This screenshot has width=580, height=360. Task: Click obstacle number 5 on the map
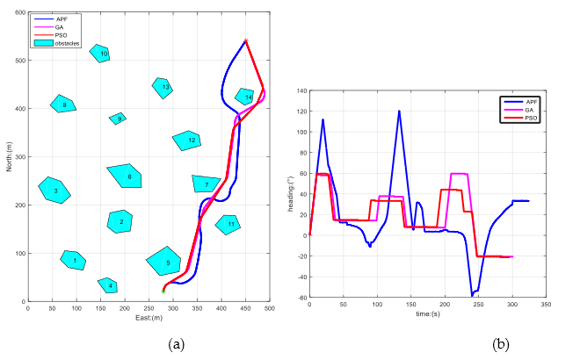[165, 261]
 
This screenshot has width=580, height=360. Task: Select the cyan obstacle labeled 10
[101, 54]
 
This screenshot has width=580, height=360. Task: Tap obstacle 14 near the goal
[245, 97]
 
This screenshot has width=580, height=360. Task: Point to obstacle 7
[206, 184]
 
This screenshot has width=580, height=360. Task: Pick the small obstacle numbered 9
[119, 119]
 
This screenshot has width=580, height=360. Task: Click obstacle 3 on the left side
[54, 190]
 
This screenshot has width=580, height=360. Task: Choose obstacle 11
[228, 224]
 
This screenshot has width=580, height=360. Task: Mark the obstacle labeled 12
[189, 140]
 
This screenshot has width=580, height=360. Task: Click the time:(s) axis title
[429, 313]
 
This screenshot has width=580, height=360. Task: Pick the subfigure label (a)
[176, 343]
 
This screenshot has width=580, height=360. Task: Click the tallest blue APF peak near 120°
[399, 111]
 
